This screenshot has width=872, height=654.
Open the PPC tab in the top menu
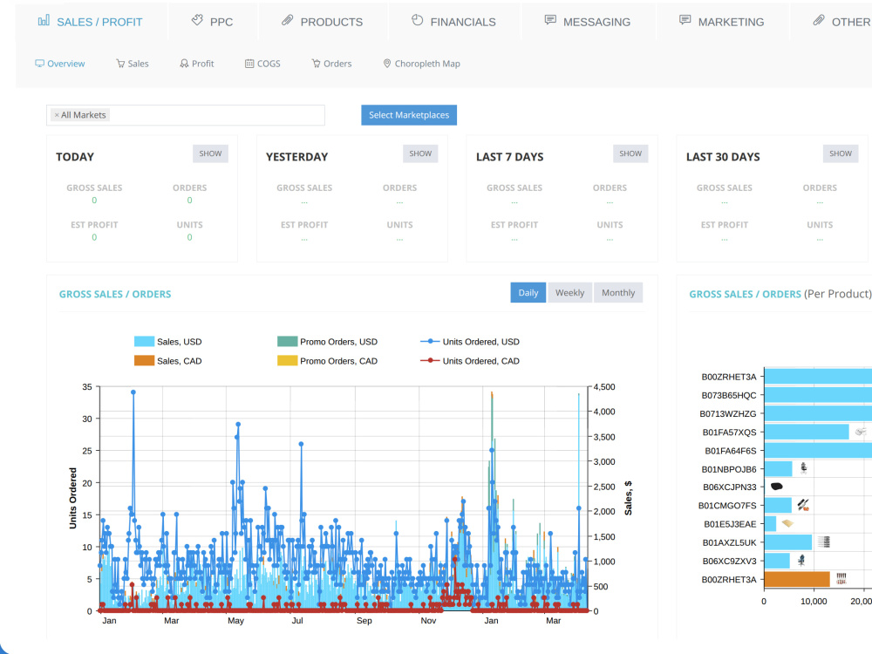click(x=213, y=22)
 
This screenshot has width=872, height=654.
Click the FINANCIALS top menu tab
click(x=453, y=22)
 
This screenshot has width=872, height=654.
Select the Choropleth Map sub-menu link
click(x=421, y=64)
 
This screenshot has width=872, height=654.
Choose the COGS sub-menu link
click(x=262, y=64)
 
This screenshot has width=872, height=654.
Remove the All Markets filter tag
click(x=57, y=115)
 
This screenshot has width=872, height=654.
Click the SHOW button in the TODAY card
click(x=210, y=153)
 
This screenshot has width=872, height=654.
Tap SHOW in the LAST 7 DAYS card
click(x=630, y=153)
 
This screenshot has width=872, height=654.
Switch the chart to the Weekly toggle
click(x=569, y=292)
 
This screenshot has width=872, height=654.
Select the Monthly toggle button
click(x=618, y=292)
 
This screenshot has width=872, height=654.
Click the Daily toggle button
click(x=528, y=292)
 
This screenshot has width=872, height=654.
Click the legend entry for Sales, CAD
click(x=168, y=361)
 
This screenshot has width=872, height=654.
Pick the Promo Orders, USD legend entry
click(x=327, y=342)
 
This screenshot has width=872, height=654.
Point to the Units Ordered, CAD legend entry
click(x=470, y=361)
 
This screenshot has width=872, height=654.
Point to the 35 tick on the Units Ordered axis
click(x=87, y=386)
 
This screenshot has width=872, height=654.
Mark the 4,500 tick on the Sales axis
click(x=604, y=387)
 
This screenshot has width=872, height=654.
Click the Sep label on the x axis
click(x=364, y=621)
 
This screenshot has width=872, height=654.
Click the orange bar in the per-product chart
click(x=797, y=580)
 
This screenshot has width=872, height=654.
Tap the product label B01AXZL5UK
click(x=729, y=542)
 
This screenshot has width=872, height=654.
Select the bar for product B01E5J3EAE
click(x=770, y=524)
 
